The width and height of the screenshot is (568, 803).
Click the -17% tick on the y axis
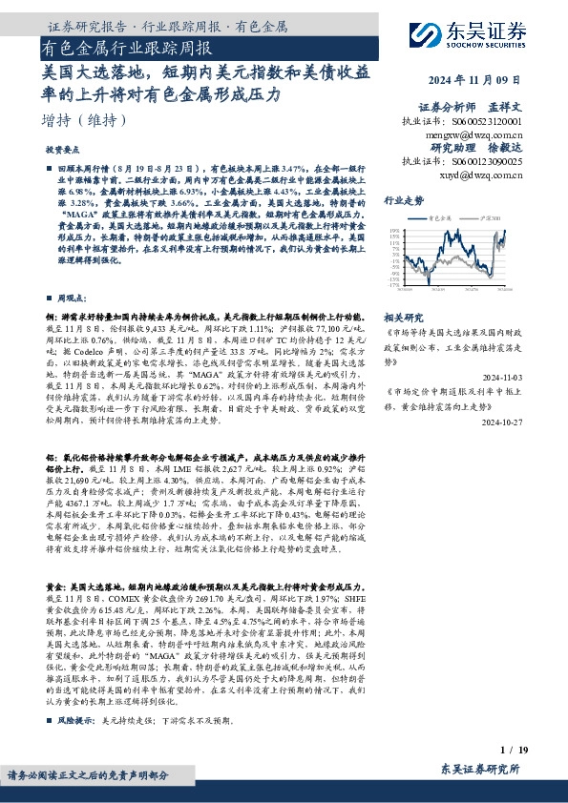(393, 285)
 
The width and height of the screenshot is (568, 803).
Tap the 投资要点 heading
(63, 151)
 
